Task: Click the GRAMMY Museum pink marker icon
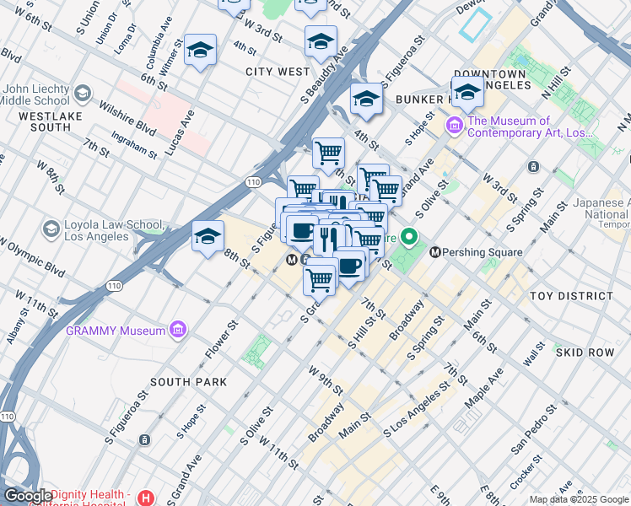178,331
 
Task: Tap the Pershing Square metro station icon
436,251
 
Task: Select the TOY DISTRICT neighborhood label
571,296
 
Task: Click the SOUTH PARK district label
188,382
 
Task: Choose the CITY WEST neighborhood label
278,72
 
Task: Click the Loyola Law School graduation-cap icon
51,229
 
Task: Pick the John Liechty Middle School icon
83,92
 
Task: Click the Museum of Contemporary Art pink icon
455,126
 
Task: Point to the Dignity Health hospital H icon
148,498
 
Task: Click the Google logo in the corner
28,496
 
